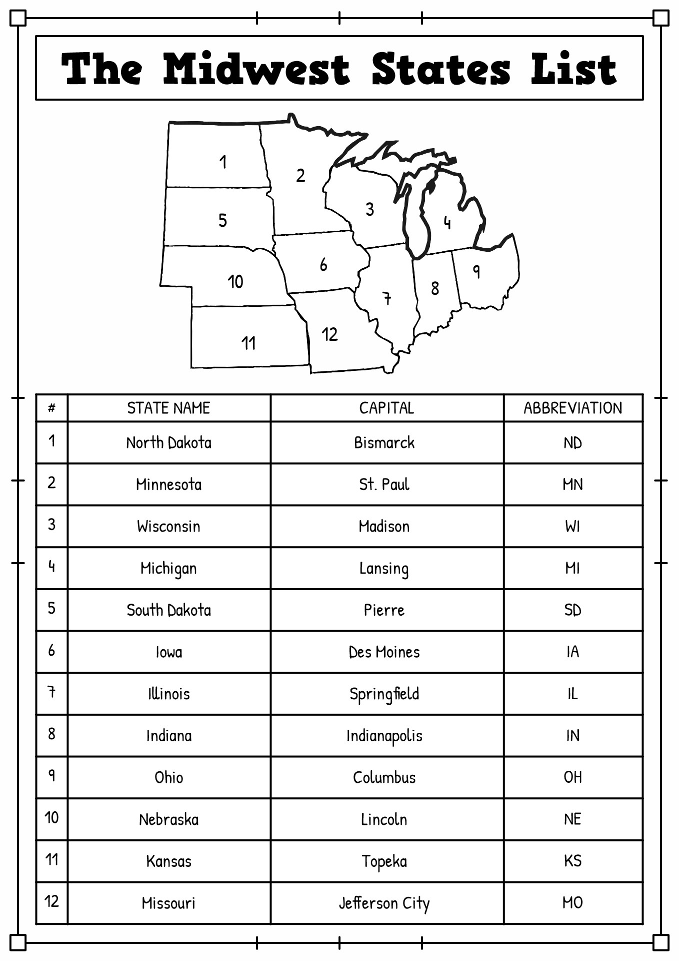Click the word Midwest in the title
click(256, 69)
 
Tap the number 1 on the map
click(223, 162)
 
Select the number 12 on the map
click(329, 334)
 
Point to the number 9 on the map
click(476, 271)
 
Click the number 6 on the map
click(323, 264)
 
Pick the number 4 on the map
click(447, 222)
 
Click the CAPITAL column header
click(386, 408)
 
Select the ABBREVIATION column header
click(572, 408)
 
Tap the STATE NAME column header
click(168, 408)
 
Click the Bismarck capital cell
click(384, 443)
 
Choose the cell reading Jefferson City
click(384, 903)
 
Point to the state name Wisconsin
click(168, 527)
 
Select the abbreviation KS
click(572, 861)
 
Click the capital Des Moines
click(384, 652)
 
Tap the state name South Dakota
click(168, 610)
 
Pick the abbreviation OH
click(572, 777)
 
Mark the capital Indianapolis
click(384, 736)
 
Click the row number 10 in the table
click(51, 818)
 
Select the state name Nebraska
click(168, 820)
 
